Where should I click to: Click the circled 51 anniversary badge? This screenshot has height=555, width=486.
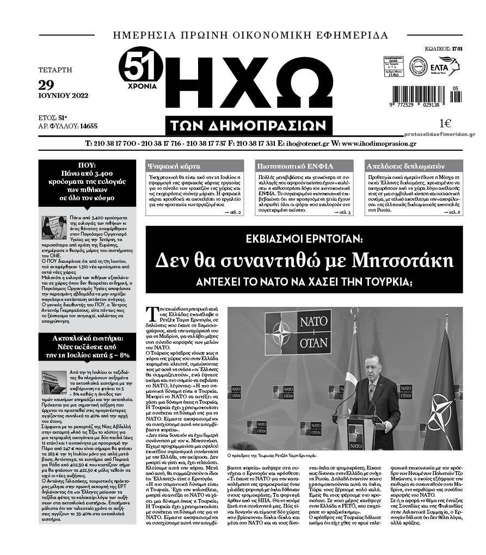pyautogui.click(x=140, y=68)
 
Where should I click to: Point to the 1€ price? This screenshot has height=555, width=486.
pyautogui.click(x=445, y=123)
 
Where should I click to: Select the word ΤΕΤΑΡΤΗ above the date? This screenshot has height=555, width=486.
pyautogui.click(x=56, y=70)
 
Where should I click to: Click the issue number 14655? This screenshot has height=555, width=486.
pyautogui.click(x=88, y=126)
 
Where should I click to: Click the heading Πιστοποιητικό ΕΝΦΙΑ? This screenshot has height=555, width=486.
pyautogui.click(x=294, y=166)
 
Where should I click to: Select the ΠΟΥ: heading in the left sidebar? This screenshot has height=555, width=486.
pyautogui.click(x=87, y=165)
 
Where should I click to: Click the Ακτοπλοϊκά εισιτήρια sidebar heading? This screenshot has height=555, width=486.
pyautogui.click(x=87, y=338)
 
